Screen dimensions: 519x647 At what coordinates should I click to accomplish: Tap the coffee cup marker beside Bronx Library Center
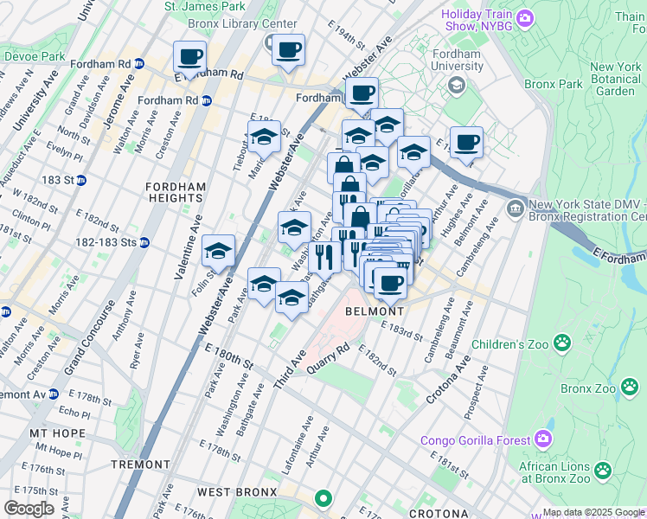(288, 48)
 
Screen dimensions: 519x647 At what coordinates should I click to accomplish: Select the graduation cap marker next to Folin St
(218, 250)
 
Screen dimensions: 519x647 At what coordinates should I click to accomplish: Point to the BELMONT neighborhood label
(375, 311)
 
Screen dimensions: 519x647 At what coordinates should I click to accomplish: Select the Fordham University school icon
(456, 84)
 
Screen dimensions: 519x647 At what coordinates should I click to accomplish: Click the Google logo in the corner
(29, 509)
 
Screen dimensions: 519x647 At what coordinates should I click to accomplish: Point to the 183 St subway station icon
(80, 180)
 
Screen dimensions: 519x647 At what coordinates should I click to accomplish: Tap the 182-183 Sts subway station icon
(144, 243)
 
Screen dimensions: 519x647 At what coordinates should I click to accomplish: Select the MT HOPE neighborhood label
(57, 433)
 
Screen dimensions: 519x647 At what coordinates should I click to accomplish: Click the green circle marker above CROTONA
(323, 498)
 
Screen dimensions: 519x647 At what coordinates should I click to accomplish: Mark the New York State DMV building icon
(515, 207)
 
